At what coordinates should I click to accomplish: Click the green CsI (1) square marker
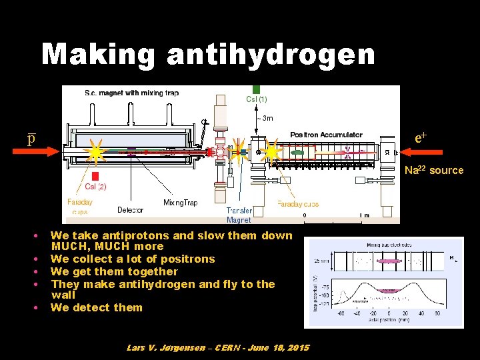[x=256, y=89]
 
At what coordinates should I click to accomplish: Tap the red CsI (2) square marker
[x=95, y=176]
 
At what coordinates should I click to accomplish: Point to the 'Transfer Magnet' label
[x=239, y=215]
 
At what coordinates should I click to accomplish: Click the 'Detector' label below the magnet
[x=130, y=210]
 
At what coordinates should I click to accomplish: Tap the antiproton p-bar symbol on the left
[x=31, y=138]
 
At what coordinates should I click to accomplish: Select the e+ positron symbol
[x=421, y=138]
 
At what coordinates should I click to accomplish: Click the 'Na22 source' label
[x=433, y=170]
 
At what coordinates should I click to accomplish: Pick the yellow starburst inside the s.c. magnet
[x=96, y=153]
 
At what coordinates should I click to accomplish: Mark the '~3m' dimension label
[x=264, y=119]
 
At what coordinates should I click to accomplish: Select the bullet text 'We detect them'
[x=97, y=307]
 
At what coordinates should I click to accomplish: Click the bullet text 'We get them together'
[x=114, y=271]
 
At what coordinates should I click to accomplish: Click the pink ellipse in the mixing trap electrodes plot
[x=388, y=290]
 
